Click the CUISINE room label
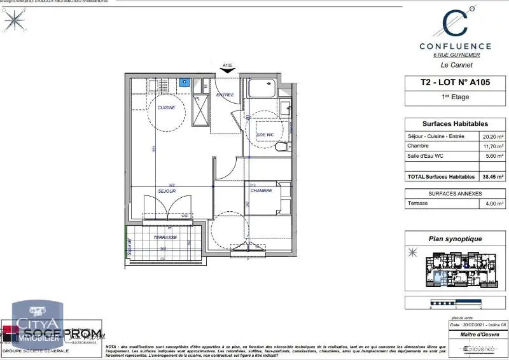click(167, 108)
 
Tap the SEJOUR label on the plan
click(167, 190)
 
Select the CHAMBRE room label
click(261, 190)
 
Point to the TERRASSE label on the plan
click(165, 237)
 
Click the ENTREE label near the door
click(225, 95)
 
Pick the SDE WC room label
click(265, 135)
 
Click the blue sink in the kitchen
click(185, 82)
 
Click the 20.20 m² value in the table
click(492, 137)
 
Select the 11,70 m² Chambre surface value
click(492, 146)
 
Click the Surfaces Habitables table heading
click(455, 124)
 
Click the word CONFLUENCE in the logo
click(455, 46)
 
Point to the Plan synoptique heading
click(455, 239)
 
